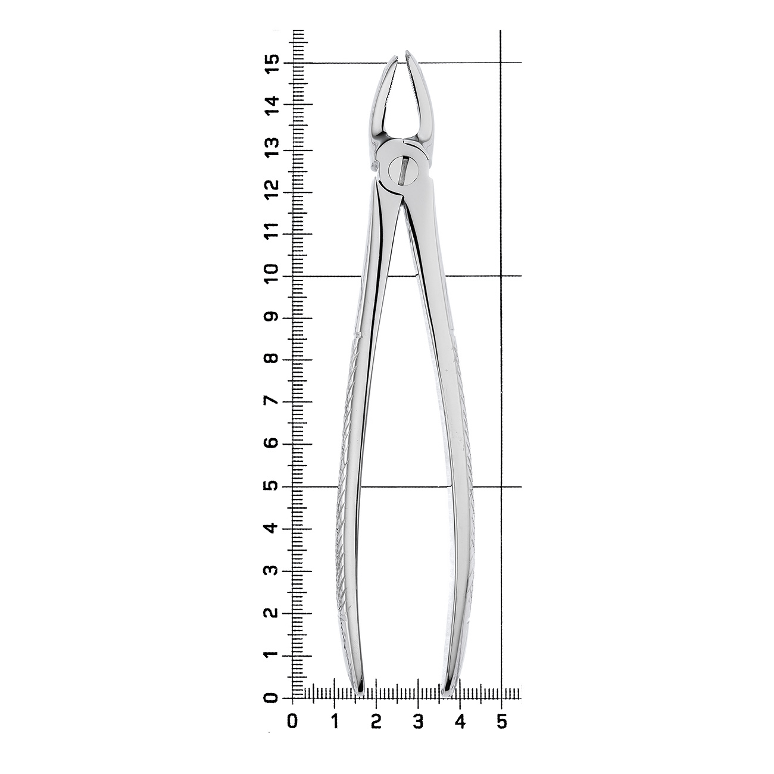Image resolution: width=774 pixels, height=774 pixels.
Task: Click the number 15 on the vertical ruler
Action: [272, 63]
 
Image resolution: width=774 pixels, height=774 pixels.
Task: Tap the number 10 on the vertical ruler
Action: [272, 275]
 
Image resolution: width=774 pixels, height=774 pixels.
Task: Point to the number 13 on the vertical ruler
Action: [272, 148]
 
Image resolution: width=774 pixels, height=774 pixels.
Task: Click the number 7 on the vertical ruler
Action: [272, 401]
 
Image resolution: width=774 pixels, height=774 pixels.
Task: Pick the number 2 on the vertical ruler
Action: [272, 613]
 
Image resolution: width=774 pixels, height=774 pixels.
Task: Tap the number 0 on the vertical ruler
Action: [272, 698]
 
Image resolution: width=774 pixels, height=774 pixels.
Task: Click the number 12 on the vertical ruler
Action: [272, 191]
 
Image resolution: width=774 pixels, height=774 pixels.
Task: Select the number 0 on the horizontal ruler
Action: [292, 722]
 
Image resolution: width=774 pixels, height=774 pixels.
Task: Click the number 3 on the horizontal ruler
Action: [418, 722]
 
